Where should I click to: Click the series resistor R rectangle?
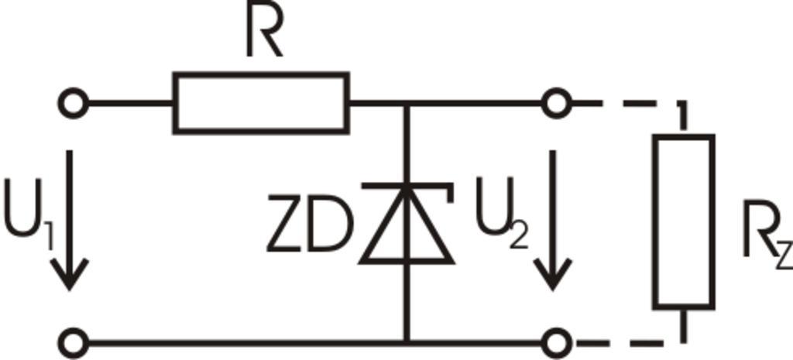point(261,103)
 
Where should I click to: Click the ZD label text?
point(309,225)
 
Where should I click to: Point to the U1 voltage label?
point(28,212)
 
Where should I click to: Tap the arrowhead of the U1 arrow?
point(70,275)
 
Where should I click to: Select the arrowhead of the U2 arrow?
point(552,275)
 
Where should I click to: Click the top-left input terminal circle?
point(74,103)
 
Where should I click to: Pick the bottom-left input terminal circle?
point(74,341)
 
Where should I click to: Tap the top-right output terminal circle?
point(555,103)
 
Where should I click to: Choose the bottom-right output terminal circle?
point(555,341)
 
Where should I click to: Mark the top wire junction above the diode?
point(406,103)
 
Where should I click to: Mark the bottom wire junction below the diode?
point(406,341)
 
